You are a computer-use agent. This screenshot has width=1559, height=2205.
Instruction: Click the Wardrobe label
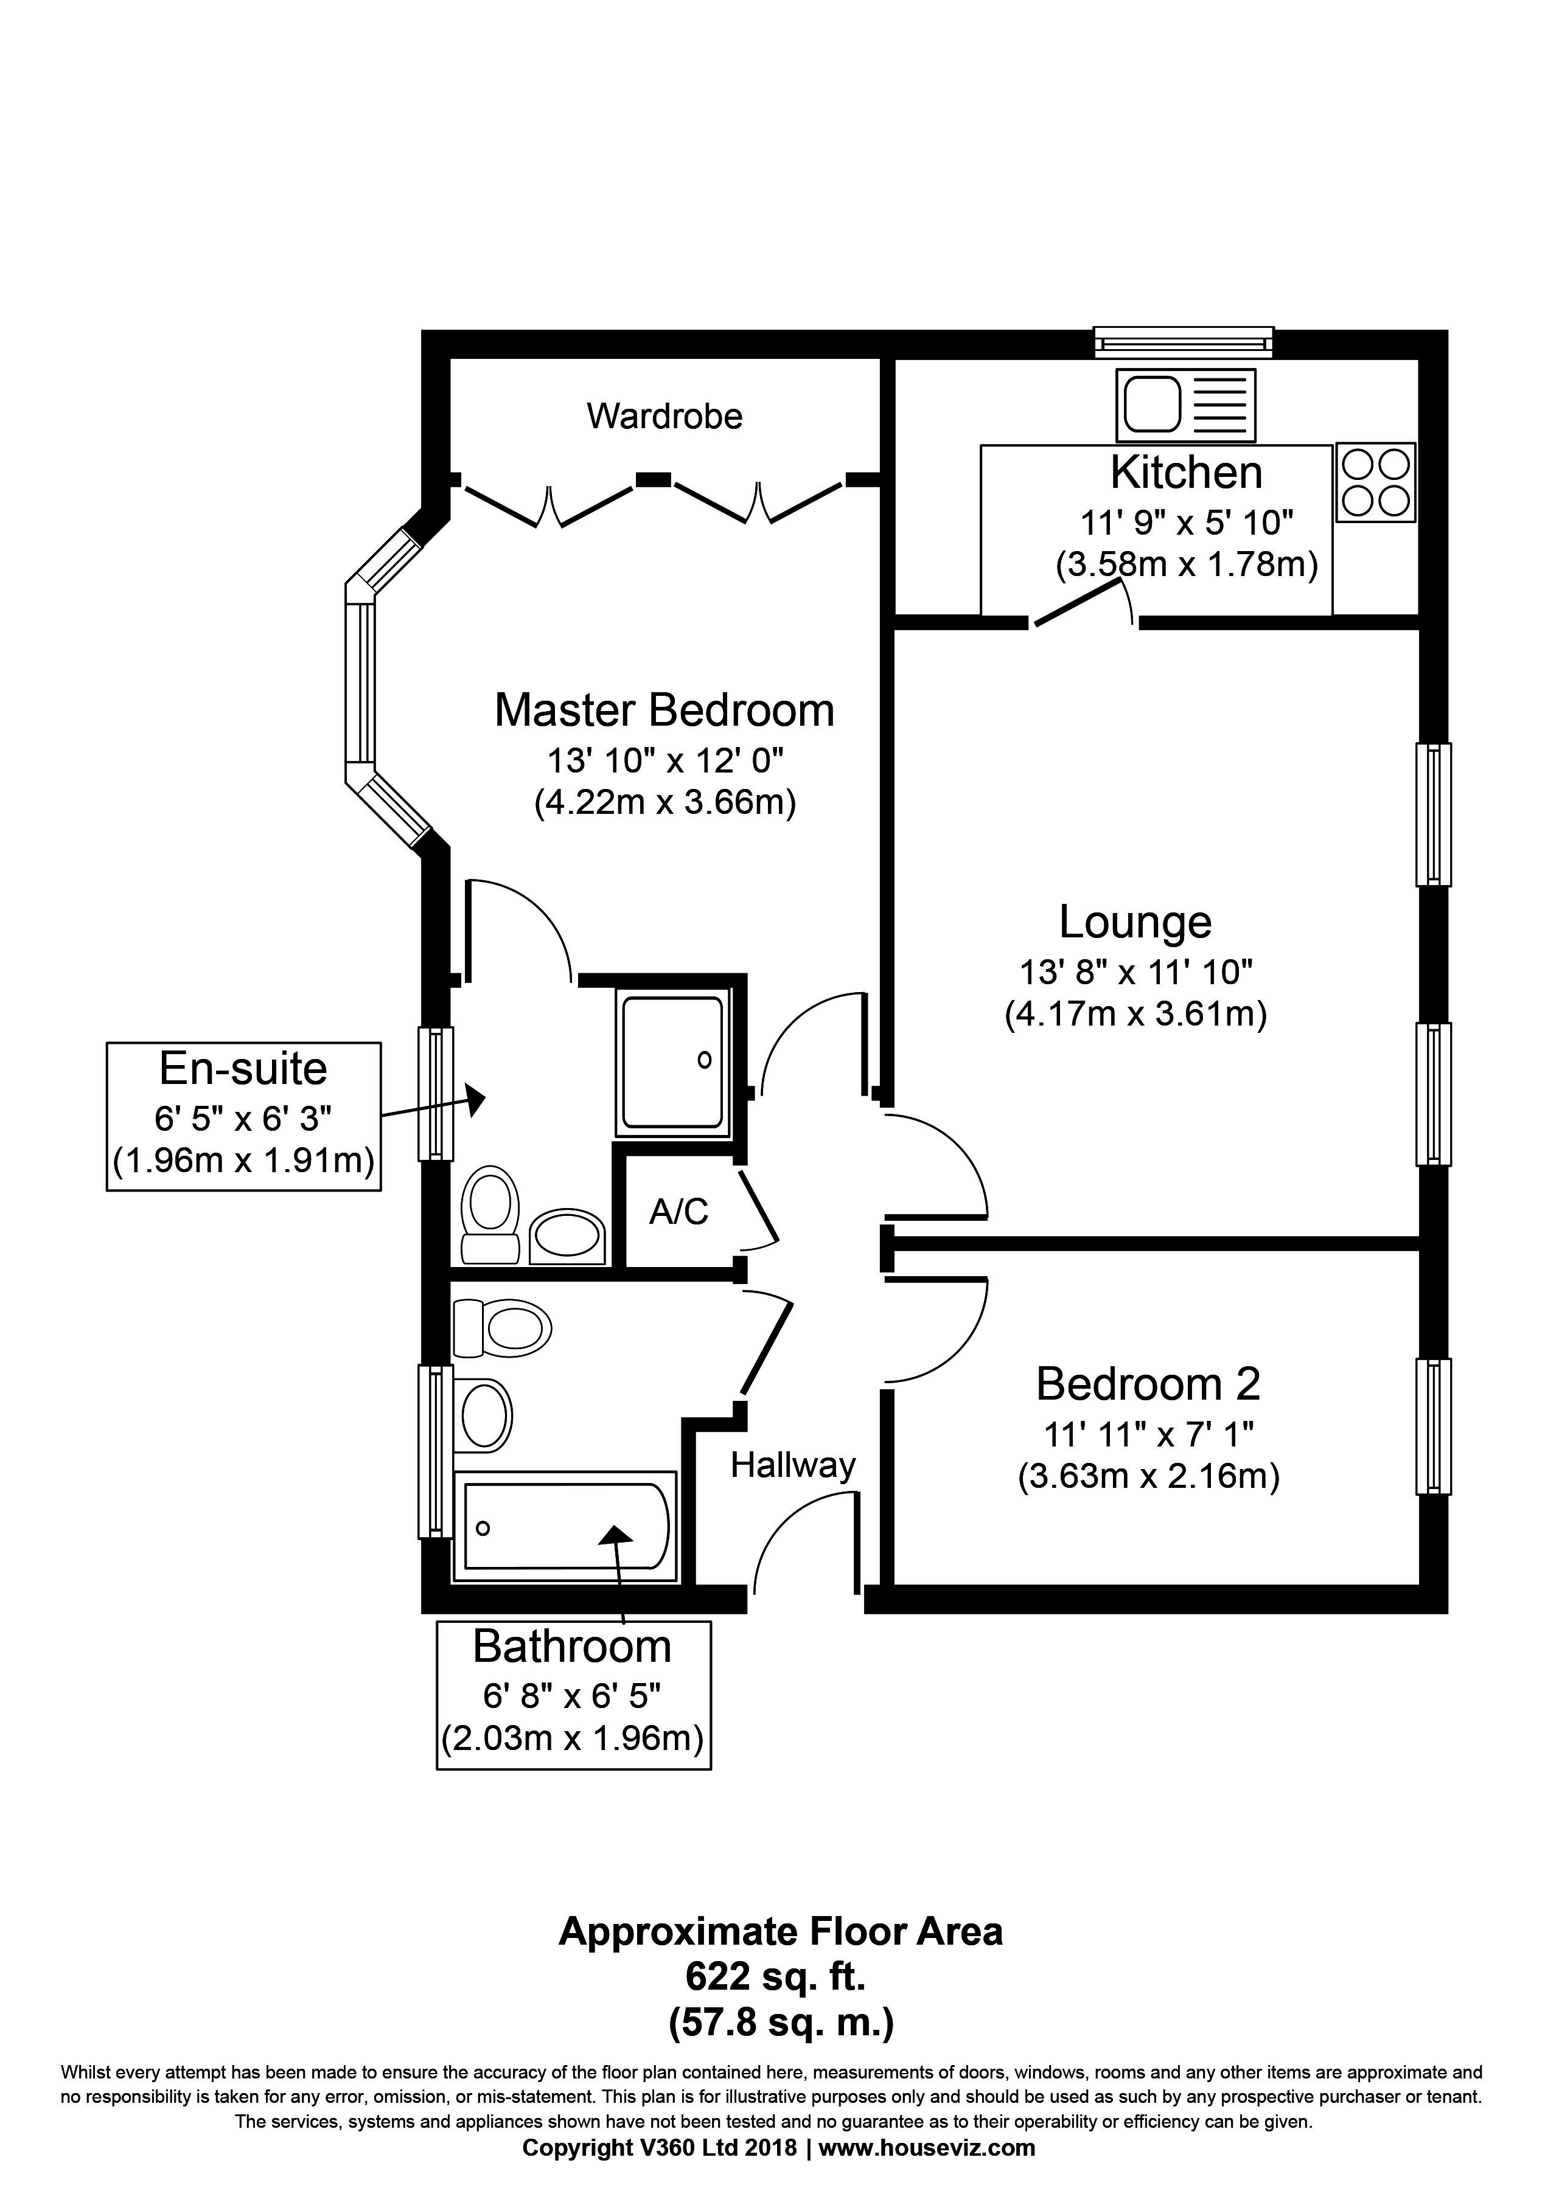[664, 416]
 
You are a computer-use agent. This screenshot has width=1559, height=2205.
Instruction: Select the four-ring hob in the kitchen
[1375, 482]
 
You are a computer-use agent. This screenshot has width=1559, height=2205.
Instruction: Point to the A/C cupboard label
[678, 1212]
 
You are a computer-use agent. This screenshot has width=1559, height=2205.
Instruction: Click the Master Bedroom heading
[664, 710]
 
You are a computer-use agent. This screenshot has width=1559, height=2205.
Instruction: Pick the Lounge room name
[1135, 922]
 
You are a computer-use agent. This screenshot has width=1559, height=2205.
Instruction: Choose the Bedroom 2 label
[1148, 1384]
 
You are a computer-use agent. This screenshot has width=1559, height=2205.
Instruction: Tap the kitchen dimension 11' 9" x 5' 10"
[1187, 523]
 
